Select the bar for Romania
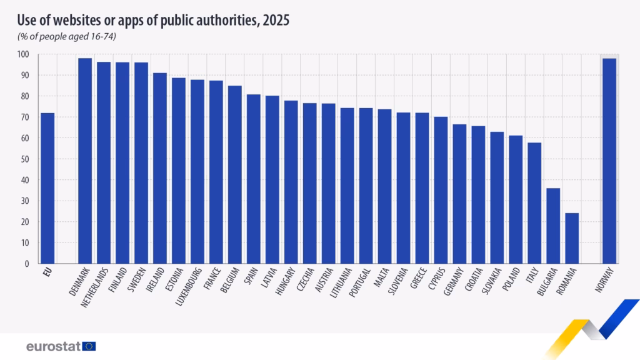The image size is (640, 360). [x=572, y=238]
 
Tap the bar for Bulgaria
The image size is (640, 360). [x=553, y=226]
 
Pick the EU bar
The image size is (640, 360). [x=47, y=188]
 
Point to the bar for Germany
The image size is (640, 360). [x=459, y=194]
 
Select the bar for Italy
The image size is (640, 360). [x=534, y=203]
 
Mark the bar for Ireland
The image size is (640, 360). [x=160, y=168]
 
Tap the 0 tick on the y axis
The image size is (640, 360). [x=27, y=264]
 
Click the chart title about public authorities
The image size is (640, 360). [x=154, y=20]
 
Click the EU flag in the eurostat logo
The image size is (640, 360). [x=89, y=346]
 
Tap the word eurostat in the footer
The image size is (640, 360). [x=53, y=346]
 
